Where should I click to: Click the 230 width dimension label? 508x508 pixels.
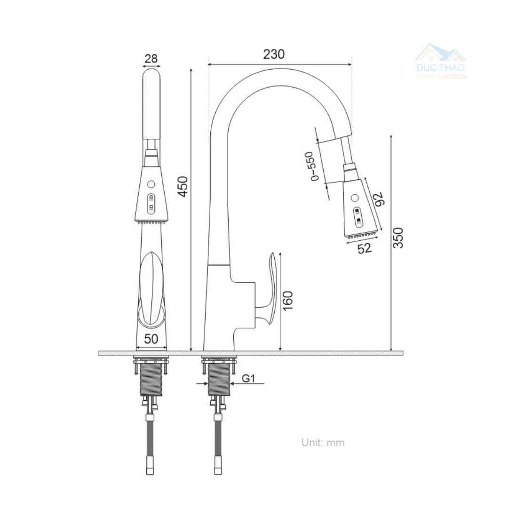pyautogui.click(x=274, y=54)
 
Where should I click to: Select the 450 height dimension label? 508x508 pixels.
pyautogui.click(x=183, y=186)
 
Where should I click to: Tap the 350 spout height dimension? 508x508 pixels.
pyautogui.click(x=398, y=238)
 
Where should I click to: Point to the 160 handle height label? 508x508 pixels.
pyautogui.click(x=288, y=300)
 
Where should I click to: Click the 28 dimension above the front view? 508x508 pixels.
pyautogui.click(x=151, y=59)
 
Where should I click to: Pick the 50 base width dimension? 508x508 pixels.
pyautogui.click(x=151, y=339)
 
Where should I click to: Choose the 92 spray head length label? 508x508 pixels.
pyautogui.click(x=378, y=198)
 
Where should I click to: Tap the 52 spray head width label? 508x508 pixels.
pyautogui.click(x=365, y=248)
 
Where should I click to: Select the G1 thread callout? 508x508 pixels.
pyautogui.click(x=248, y=378)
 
